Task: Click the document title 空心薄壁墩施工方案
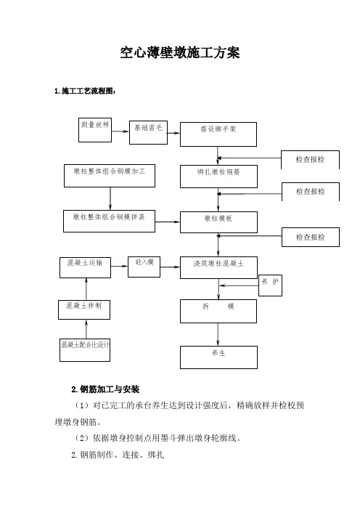(x=180, y=53)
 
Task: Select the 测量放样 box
(x=95, y=130)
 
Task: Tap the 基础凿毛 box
(x=149, y=133)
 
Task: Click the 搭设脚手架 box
(x=218, y=134)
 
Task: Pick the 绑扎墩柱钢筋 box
(x=218, y=177)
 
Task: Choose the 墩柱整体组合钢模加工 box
(x=110, y=176)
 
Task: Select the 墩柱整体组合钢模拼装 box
(x=109, y=221)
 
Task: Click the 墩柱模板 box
(x=218, y=222)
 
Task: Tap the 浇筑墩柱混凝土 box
(x=218, y=267)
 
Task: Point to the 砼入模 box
(x=144, y=267)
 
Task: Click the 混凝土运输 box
(x=85, y=267)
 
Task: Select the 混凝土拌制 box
(x=84, y=309)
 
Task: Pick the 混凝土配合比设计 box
(x=85, y=350)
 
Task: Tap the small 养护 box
(x=270, y=286)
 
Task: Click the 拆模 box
(x=218, y=311)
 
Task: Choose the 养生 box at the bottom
(x=218, y=357)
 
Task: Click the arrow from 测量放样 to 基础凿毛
(x=120, y=131)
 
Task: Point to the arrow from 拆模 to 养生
(x=218, y=335)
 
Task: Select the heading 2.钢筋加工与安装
(x=105, y=389)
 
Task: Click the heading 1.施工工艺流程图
(x=85, y=91)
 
